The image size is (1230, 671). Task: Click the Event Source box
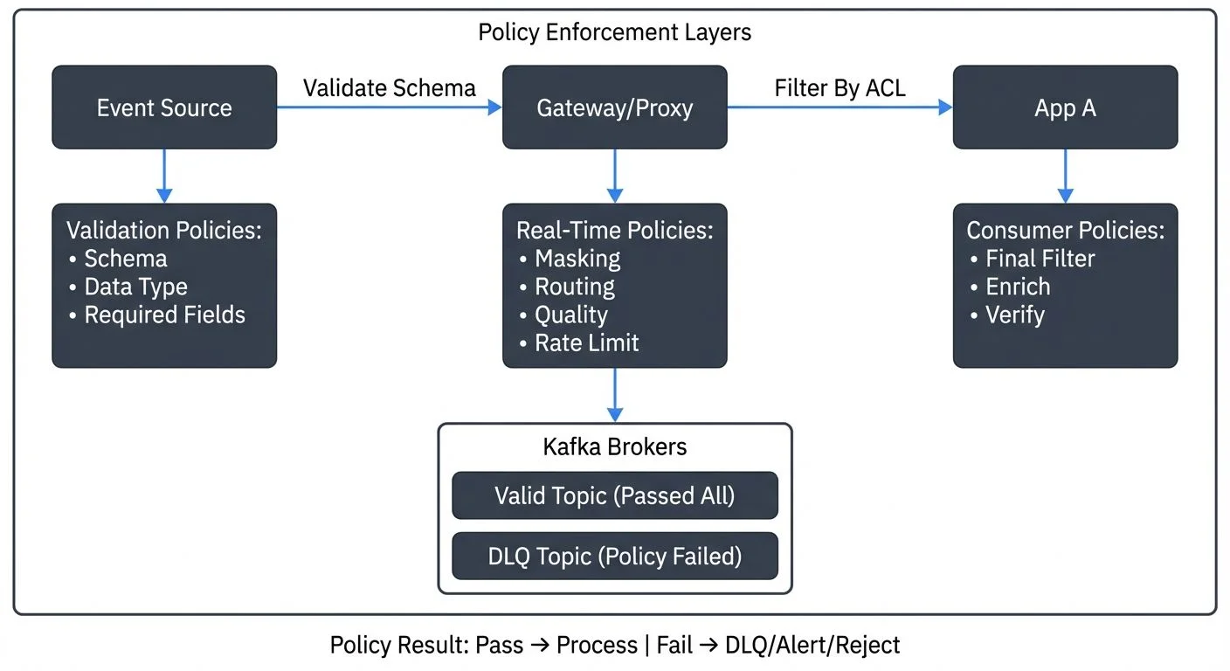tap(164, 107)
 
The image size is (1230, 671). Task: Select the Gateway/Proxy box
tap(614, 107)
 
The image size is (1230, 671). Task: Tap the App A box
tap(1064, 107)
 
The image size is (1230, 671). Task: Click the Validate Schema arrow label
tap(389, 87)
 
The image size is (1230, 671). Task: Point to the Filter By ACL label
tap(840, 87)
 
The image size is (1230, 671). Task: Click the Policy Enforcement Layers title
tap(614, 33)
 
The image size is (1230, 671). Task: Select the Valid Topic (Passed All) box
tap(614, 495)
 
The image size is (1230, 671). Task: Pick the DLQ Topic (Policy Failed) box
tap(614, 556)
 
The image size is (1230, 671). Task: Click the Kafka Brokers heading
tap(614, 446)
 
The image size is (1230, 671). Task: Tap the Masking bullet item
tap(577, 259)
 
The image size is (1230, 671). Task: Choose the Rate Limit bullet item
tap(586, 342)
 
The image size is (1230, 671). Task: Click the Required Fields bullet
tap(164, 315)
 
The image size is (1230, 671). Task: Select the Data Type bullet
tap(135, 287)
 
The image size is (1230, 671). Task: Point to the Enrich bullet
tap(1017, 287)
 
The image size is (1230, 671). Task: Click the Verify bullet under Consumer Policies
tap(1014, 315)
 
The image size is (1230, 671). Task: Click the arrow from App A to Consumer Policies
tap(1064, 176)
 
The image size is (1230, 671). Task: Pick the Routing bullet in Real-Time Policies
tap(574, 287)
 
